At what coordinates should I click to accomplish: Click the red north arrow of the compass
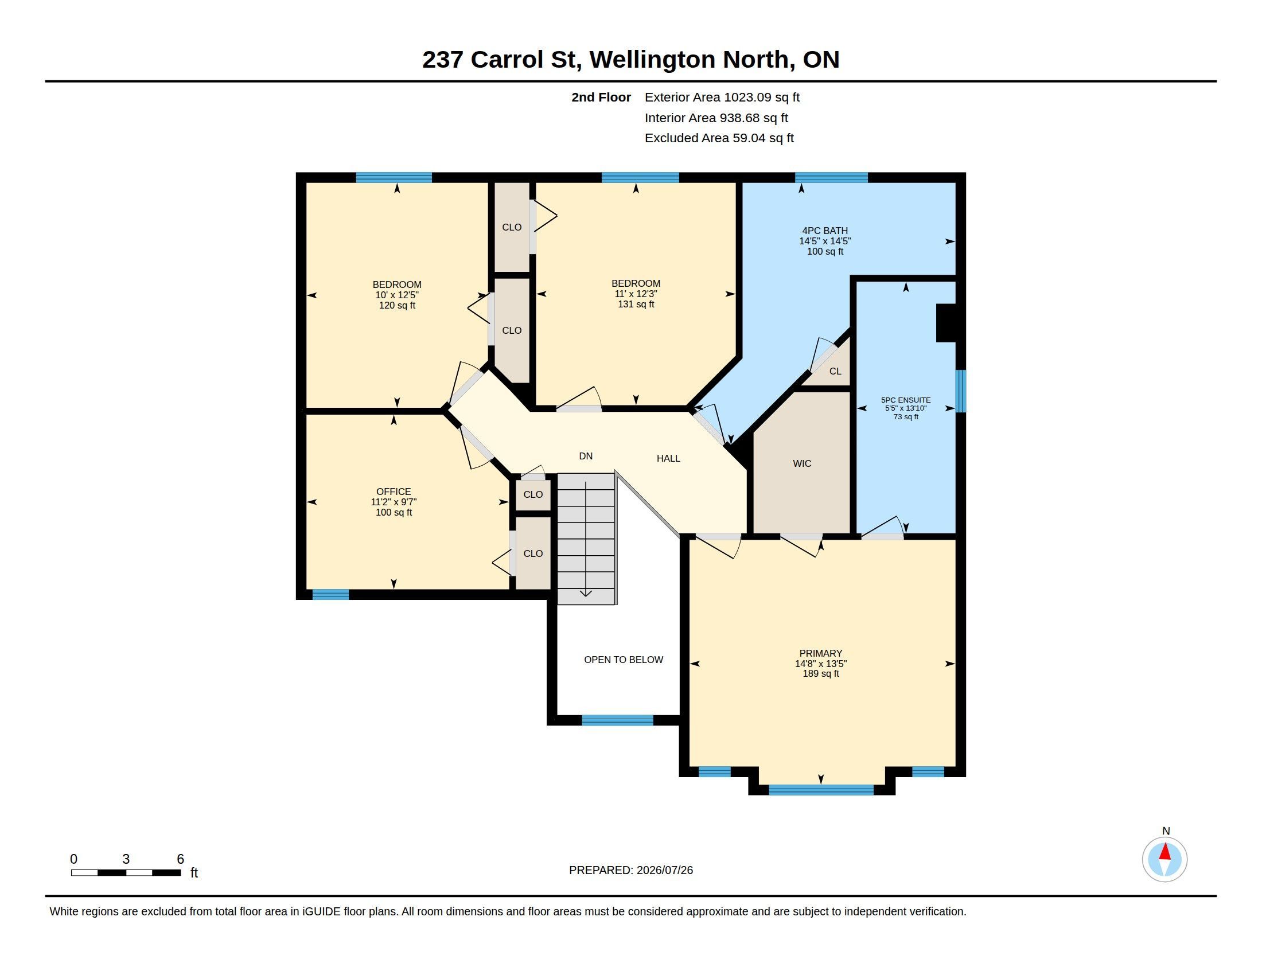tap(1165, 852)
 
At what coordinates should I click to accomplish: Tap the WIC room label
tap(802, 463)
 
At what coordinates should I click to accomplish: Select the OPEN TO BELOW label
tap(624, 660)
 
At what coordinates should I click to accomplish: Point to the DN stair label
tap(586, 456)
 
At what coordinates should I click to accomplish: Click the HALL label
tap(668, 458)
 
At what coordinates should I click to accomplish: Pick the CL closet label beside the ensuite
tap(835, 371)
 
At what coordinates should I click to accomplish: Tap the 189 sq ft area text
tap(820, 673)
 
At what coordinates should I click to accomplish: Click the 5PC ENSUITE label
tap(905, 400)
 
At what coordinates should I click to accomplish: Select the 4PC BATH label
tap(825, 231)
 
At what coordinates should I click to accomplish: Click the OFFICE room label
tap(394, 492)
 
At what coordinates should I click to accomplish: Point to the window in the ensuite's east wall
tap(960, 391)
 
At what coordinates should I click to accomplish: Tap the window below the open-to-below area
tap(617, 720)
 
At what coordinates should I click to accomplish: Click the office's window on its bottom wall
tap(330, 594)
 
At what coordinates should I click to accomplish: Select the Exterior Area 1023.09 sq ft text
tap(722, 97)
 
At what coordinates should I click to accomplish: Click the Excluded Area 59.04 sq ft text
tap(719, 138)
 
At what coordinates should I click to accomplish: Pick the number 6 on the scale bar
tap(180, 859)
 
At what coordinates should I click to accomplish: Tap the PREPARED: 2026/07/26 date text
tap(631, 870)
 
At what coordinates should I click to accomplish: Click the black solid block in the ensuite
tap(946, 323)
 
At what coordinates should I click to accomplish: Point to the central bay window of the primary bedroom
tap(821, 790)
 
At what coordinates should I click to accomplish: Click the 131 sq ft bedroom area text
tap(636, 304)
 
